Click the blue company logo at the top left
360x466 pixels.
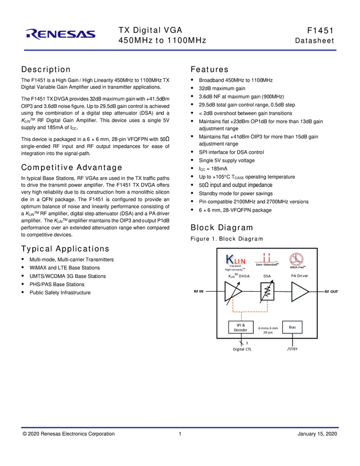point(61,34)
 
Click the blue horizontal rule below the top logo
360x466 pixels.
point(180,50)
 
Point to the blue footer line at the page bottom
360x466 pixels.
point(180,428)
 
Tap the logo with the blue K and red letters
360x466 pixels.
point(236,262)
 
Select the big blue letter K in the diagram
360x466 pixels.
point(230,258)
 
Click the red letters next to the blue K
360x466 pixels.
point(240,260)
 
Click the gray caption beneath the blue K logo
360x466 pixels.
point(236,269)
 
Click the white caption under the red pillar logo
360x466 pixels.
point(267,265)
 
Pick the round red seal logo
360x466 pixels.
point(298,259)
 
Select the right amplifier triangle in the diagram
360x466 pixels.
point(300,293)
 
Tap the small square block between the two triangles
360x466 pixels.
point(267,291)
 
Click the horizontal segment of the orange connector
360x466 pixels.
point(250,312)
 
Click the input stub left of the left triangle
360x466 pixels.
point(218,293)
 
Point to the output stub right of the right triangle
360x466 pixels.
point(316,293)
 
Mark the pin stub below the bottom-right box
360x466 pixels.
point(293,339)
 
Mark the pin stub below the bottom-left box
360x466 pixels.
point(243,339)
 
